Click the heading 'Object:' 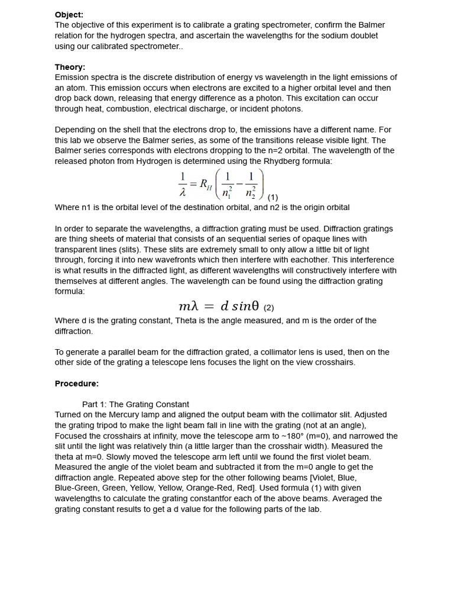(69, 15)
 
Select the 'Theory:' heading (70, 67)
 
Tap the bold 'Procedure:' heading (77, 383)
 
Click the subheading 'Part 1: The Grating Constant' (135, 404)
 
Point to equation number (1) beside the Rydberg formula (273, 197)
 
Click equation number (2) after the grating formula (268, 307)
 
